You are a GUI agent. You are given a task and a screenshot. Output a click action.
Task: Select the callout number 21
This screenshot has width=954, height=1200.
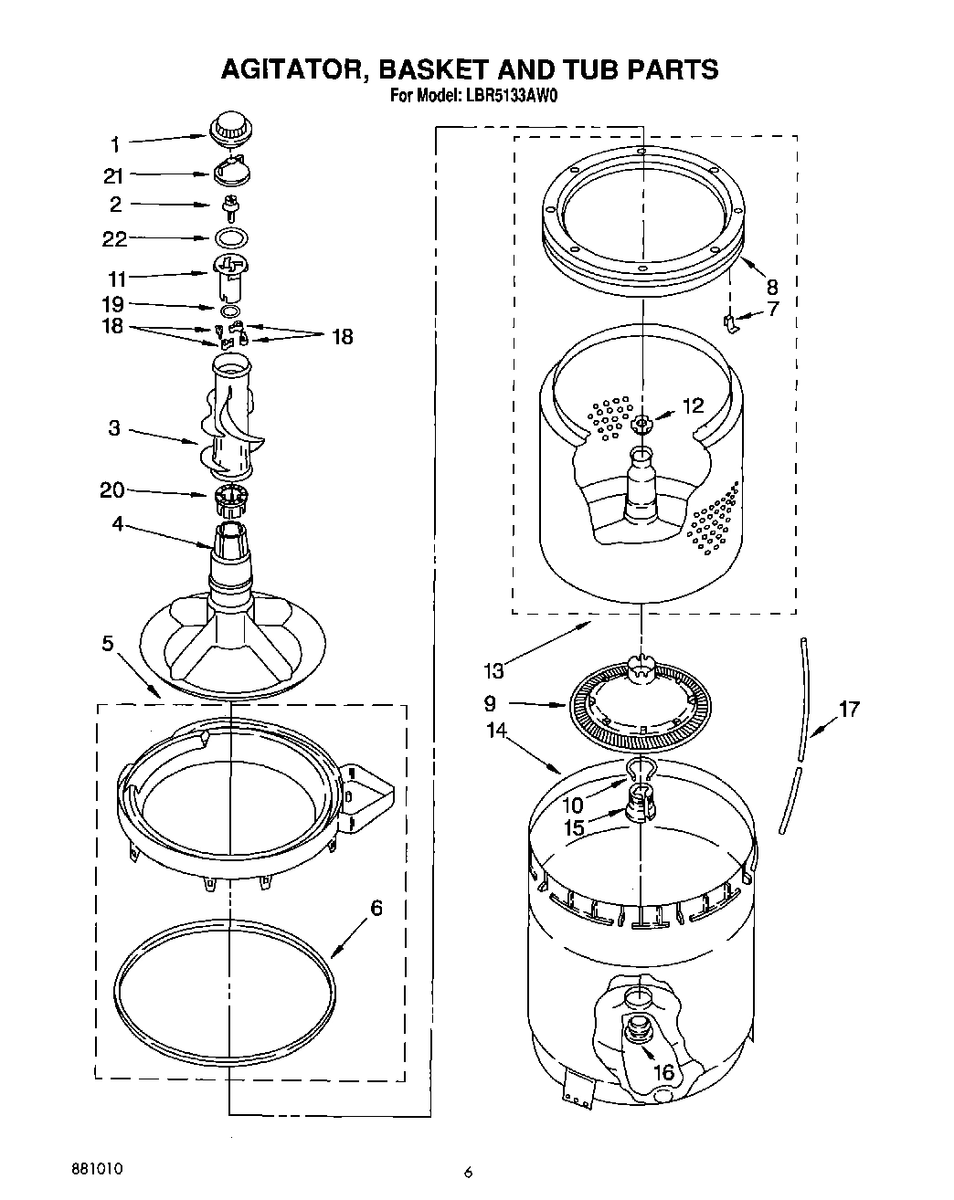pos(113,176)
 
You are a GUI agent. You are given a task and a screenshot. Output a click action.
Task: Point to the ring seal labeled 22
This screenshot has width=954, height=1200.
pos(233,238)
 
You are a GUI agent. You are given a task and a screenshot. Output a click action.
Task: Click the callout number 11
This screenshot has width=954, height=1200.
pos(117,279)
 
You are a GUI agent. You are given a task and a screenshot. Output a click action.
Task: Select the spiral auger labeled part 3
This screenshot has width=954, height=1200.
pos(233,420)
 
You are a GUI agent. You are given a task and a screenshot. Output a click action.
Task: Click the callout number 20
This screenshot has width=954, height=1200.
pos(111,490)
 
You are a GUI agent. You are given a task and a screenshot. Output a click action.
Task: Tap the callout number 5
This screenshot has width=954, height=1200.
pos(108,644)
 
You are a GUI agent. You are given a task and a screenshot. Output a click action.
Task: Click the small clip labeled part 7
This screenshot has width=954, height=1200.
pos(730,321)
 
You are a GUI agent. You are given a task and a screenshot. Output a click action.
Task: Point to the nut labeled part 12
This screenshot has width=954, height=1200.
pos(642,423)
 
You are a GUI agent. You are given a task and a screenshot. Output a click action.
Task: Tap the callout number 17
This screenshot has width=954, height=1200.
pos(849,708)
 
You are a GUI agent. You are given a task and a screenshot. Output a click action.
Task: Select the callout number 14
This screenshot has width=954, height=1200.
pos(496,730)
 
